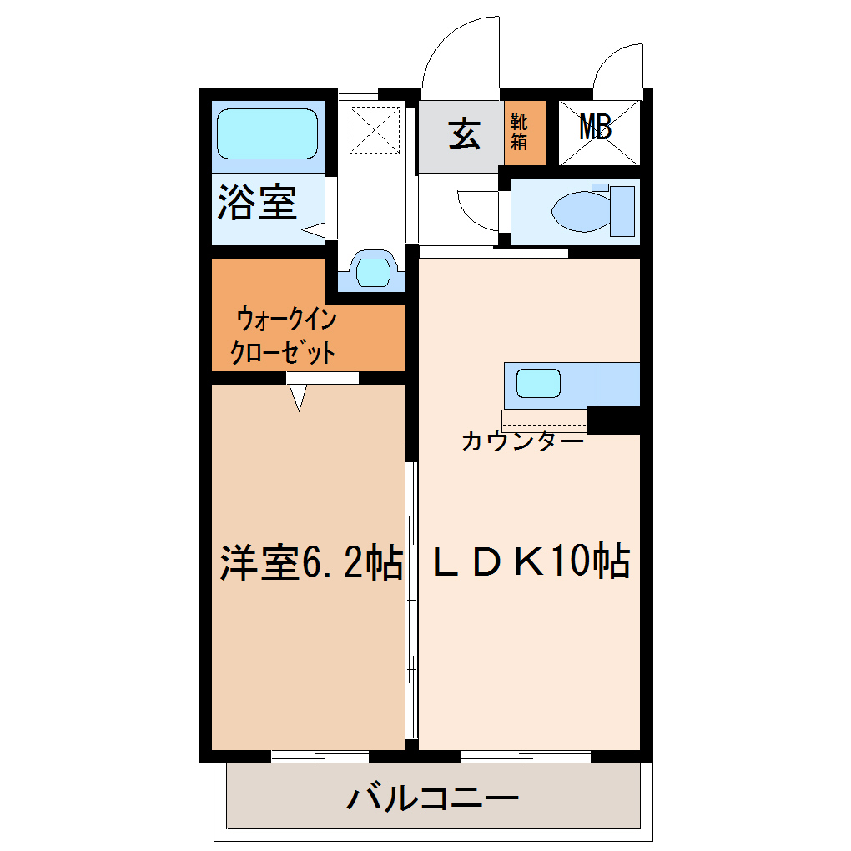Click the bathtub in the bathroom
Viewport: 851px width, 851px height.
pyautogui.click(x=267, y=133)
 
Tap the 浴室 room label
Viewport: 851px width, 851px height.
pyautogui.click(x=257, y=203)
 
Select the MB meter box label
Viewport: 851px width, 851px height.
pyautogui.click(x=596, y=128)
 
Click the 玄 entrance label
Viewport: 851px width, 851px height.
pyautogui.click(x=464, y=133)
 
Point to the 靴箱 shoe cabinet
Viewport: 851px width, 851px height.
pyautogui.click(x=525, y=133)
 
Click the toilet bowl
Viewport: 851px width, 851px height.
pyautogui.click(x=582, y=210)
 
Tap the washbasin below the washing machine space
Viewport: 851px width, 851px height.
pyautogui.click(x=373, y=273)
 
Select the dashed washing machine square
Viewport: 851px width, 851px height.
pyautogui.click(x=375, y=129)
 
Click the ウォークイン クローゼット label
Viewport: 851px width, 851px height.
pyautogui.click(x=284, y=335)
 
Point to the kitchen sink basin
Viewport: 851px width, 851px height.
pyautogui.click(x=538, y=383)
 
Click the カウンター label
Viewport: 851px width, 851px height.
pyautogui.click(x=522, y=441)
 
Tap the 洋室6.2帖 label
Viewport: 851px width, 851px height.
pyautogui.click(x=311, y=562)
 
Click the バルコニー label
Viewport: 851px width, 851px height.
pyautogui.click(x=432, y=798)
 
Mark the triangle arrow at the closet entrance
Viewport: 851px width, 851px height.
pyautogui.click(x=298, y=397)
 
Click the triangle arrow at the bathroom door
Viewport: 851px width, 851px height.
pyautogui.click(x=313, y=230)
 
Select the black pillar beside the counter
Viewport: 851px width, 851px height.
pyautogui.click(x=613, y=420)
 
